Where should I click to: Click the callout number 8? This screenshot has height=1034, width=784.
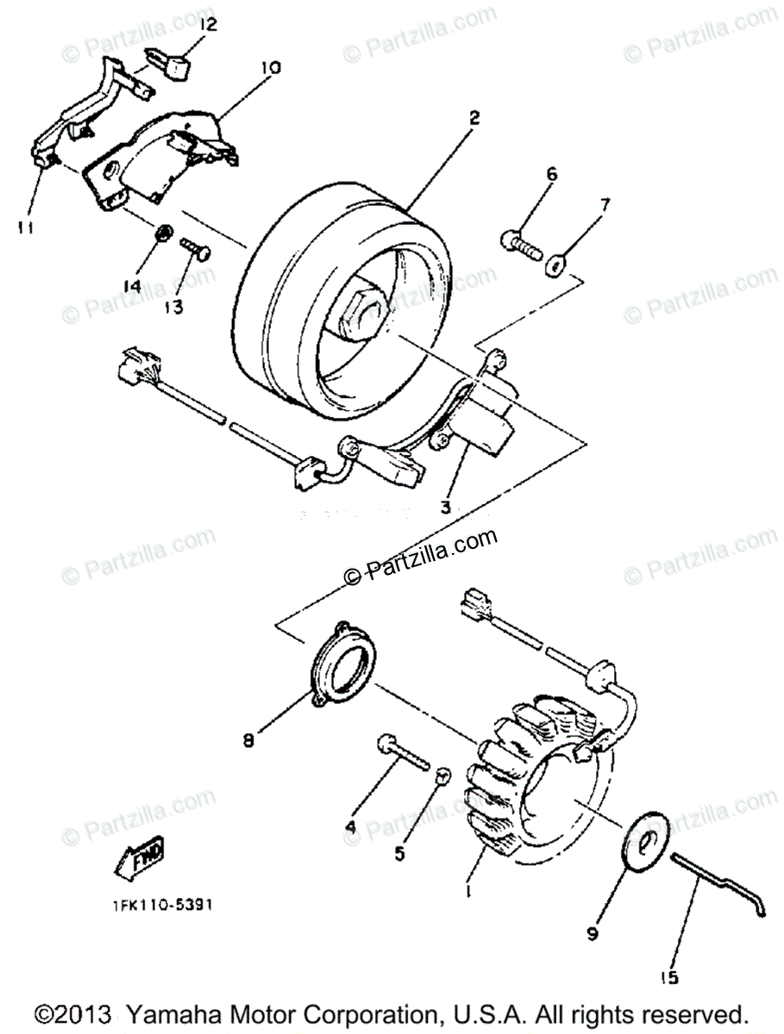click(248, 740)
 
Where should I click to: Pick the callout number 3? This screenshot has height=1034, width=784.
click(444, 507)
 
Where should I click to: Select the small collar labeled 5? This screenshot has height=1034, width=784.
click(442, 775)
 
